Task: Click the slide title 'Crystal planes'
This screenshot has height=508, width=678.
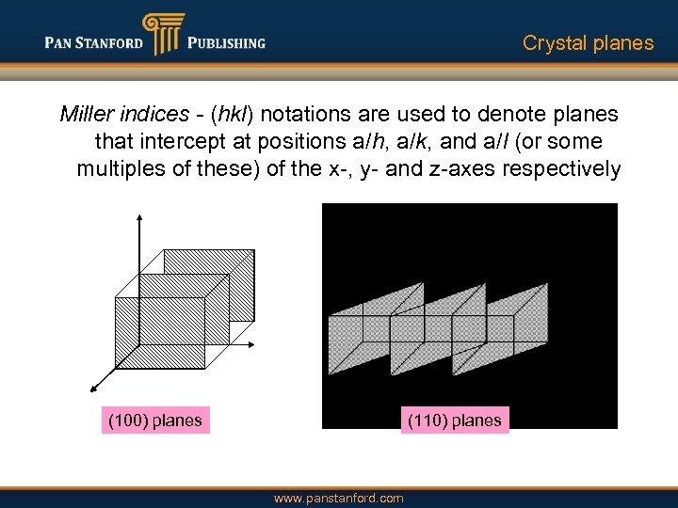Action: click(x=588, y=43)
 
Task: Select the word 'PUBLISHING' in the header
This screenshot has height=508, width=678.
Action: click(x=226, y=42)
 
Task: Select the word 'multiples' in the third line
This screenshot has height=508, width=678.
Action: click(x=119, y=169)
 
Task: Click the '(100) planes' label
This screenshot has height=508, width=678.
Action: click(x=155, y=421)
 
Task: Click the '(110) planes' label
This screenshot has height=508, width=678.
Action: click(x=455, y=421)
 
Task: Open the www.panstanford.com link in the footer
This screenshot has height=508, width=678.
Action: click(x=338, y=499)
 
